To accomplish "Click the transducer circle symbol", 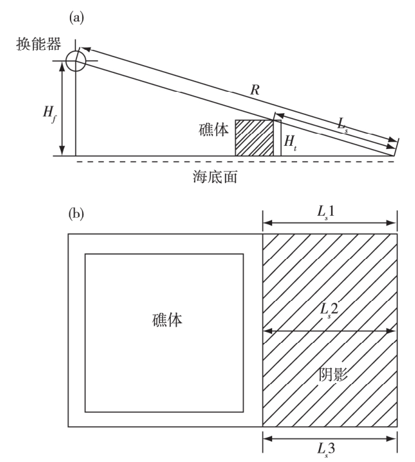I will tap(76, 61).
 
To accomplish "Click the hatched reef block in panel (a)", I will tap(255, 137).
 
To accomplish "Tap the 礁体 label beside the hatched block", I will tap(214, 130).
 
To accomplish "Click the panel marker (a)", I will tap(77, 18).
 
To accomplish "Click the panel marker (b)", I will tap(76, 213).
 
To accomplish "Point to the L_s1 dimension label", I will tap(329, 214).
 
